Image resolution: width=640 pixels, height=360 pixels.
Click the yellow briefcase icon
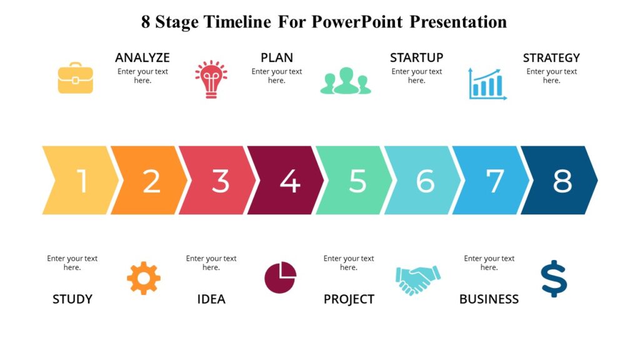pos(76,78)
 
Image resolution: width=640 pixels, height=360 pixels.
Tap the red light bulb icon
pos(211,79)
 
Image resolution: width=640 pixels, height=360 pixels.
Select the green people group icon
pos(346,81)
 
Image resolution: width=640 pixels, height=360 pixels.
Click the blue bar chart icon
pos(487,84)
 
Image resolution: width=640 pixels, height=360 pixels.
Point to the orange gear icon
pos(144,278)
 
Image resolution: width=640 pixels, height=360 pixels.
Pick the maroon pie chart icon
pos(280,277)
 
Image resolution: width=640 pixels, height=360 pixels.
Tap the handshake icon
pos(417,279)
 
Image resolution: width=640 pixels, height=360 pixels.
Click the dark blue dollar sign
pos(554,279)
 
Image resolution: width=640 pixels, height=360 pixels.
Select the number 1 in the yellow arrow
pos(82,181)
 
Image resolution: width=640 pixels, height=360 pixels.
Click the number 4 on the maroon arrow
pos(289,181)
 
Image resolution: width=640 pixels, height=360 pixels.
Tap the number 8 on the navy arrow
pos(562,181)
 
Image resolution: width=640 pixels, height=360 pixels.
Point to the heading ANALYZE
pos(142,57)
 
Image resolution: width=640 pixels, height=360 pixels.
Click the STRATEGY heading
pos(551,57)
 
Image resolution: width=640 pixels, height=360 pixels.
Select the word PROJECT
pos(349,299)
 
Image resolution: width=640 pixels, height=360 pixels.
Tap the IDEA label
pos(211,299)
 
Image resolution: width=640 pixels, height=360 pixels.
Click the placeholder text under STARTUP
pos(416,76)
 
